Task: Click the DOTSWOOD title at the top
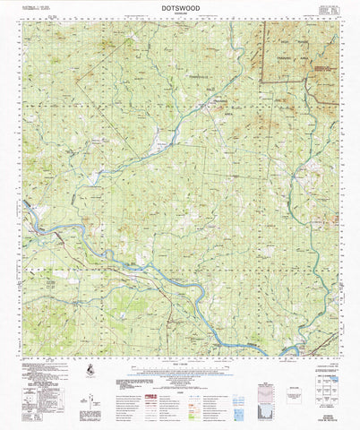pyautogui.click(x=181, y=7)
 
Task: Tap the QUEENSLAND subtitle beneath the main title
pyautogui.click(x=181, y=14)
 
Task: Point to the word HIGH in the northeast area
pyautogui.click(x=290, y=41)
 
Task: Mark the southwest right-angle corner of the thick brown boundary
pyautogui.click(x=261, y=83)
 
